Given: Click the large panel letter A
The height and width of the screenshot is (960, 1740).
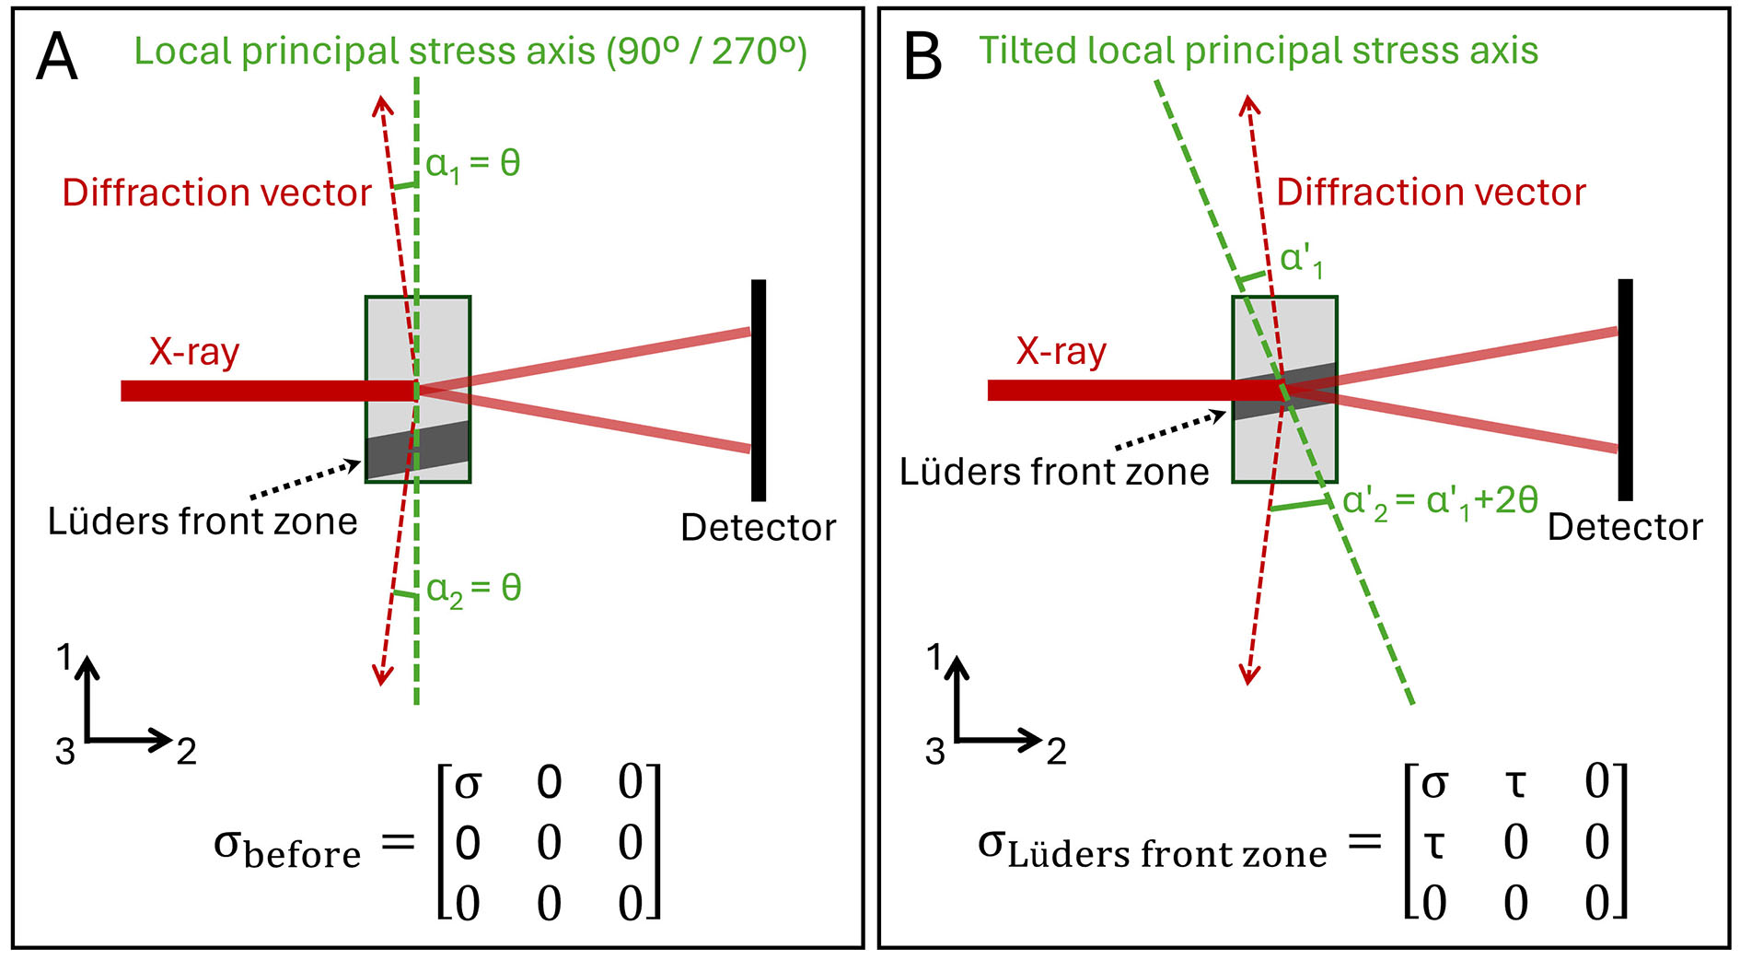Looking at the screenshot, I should pos(57,57).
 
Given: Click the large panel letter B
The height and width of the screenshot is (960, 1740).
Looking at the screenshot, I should pos(923,57).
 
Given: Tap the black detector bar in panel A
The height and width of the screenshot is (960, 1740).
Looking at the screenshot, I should pos(758,390).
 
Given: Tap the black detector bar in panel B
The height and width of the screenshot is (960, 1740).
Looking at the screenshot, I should pos(1625,390).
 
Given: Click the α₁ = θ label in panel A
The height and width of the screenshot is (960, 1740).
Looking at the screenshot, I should pos(472,165).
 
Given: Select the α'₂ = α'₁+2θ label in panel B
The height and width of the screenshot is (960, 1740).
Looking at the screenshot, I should pos(1440,502).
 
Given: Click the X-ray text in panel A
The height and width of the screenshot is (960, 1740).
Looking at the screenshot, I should pos(194,352).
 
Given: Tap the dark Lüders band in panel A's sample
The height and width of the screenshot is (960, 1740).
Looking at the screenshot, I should pos(418,449).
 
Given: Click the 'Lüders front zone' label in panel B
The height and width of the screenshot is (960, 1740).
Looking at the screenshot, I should pos(1054,472).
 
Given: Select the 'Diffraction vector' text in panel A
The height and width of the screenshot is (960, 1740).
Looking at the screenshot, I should pos(216,193).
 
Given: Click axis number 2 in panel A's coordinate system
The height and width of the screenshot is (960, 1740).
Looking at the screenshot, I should pos(186,752).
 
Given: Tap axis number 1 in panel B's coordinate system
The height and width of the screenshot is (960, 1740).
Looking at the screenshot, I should pos(934,658).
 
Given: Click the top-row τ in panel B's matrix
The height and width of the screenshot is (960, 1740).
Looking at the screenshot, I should pos(1514,784).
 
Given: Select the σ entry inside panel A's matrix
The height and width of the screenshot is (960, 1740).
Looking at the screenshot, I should pos(468,784).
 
